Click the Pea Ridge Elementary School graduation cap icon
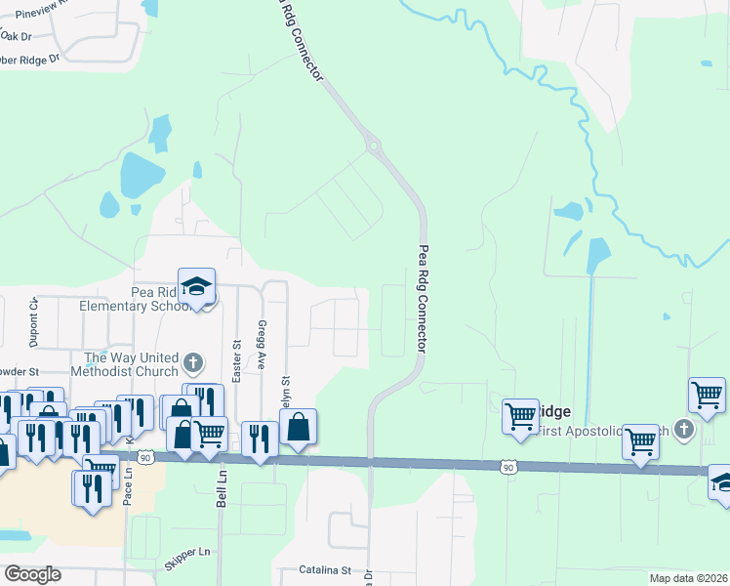[196, 287]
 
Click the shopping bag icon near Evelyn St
[298, 426]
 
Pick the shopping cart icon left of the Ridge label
[521, 416]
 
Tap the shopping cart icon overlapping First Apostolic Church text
[640, 441]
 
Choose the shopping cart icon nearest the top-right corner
[707, 396]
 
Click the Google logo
[32, 573]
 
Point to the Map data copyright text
[688, 578]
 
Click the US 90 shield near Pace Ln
[144, 456]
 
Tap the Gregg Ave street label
[261, 338]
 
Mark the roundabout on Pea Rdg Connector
[372, 146]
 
